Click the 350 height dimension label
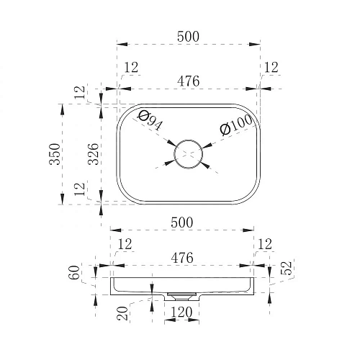(x=55, y=154)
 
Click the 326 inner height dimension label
(x=93, y=154)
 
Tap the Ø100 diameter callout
(x=236, y=126)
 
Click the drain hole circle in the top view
(x=188, y=140)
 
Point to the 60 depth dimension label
(x=75, y=272)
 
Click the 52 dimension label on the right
(x=286, y=268)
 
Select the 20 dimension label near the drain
(x=122, y=313)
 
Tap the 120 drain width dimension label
(x=181, y=312)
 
